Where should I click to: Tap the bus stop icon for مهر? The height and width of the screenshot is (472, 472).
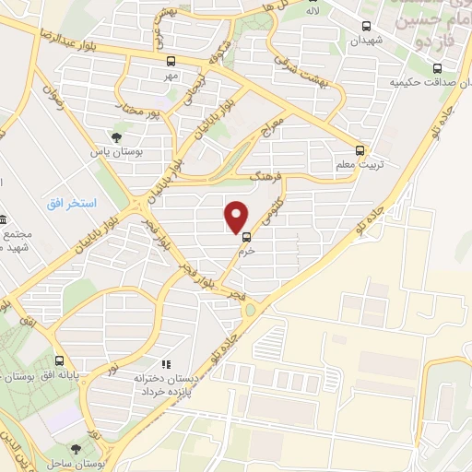[x=170, y=61]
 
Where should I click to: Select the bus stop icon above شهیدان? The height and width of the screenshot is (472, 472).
[x=367, y=27]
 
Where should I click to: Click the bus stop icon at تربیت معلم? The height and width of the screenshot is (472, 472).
[x=360, y=149]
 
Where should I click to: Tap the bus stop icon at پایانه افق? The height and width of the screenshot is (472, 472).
[x=60, y=360]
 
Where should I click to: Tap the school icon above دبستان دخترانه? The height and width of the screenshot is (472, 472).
[x=167, y=365]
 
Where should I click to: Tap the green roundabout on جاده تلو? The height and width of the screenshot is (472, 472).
[x=249, y=309]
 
